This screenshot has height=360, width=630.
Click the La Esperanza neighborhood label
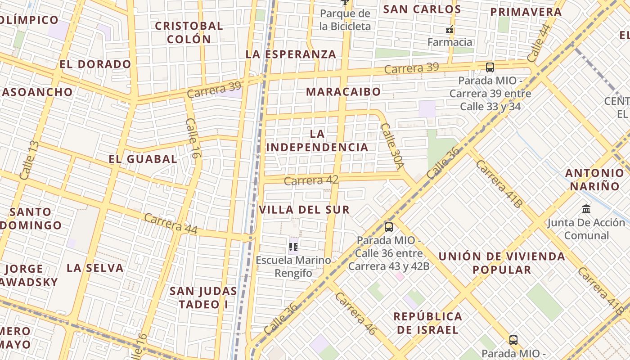[291, 54]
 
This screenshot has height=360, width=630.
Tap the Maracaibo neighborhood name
[343, 92]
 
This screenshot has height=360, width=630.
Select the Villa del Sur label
[304, 210]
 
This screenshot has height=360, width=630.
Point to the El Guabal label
[143, 159]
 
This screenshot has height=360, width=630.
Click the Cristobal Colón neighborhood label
[189, 32]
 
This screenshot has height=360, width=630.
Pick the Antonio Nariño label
[594, 180]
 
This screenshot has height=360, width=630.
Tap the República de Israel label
[427, 323]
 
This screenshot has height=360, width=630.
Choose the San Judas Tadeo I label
[203, 297]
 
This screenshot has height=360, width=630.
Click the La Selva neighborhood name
[95, 268]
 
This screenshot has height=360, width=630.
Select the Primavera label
[526, 12]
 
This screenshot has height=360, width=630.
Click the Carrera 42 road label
[311, 180]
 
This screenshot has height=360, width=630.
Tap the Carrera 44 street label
[171, 224]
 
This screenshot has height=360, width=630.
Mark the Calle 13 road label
[28, 160]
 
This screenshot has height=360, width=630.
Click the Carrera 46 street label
[355, 314]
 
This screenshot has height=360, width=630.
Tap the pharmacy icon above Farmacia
[449, 30]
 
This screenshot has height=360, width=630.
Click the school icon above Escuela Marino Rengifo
[293, 247]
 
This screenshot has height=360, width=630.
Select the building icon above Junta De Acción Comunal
[586, 209]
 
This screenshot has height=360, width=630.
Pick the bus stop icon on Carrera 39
[490, 67]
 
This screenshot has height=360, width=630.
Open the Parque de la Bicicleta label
[345, 20]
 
